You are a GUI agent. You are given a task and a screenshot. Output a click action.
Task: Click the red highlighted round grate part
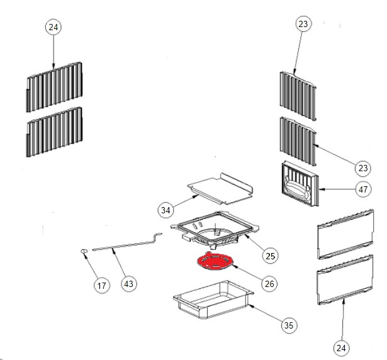pyautogui.click(x=215, y=261)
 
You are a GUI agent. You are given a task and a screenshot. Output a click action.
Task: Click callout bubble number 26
pyautogui.click(x=269, y=284)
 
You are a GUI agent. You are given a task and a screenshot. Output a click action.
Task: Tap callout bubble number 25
pyautogui.click(x=270, y=256)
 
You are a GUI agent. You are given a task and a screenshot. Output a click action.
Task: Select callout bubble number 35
pyautogui.click(x=289, y=325)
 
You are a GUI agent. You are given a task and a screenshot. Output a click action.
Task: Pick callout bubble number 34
pyautogui.click(x=165, y=210)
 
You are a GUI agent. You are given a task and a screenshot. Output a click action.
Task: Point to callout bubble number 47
pyautogui.click(x=363, y=189)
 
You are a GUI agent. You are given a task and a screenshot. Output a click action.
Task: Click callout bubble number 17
pyautogui.click(x=102, y=286)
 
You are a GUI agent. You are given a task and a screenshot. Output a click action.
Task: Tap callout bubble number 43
pyautogui.click(x=128, y=284)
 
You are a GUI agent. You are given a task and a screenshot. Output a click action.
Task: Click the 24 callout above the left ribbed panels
pyautogui.click(x=53, y=27)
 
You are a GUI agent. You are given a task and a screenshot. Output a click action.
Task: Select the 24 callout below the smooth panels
pyautogui.click(x=341, y=348)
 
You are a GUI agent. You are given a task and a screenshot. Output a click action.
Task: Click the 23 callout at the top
pyautogui.click(x=303, y=24)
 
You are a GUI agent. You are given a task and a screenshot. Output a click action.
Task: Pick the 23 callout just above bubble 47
pyautogui.click(x=363, y=168)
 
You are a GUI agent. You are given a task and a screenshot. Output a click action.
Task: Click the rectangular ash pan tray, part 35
pyautogui.click(x=213, y=299)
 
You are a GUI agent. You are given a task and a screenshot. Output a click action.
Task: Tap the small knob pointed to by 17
pyautogui.click(x=84, y=251)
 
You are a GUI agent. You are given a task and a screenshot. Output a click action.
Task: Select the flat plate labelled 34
pyautogui.click(x=220, y=189)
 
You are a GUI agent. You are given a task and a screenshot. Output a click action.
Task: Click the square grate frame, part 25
pyautogui.click(x=215, y=230)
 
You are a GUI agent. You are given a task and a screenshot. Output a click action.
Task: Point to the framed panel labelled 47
pyautogui.click(x=300, y=183)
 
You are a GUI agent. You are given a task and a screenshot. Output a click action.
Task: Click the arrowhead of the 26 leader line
pyautogui.click(x=234, y=266)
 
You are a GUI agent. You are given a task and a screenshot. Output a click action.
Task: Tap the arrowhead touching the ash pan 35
pyautogui.click(x=250, y=306)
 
